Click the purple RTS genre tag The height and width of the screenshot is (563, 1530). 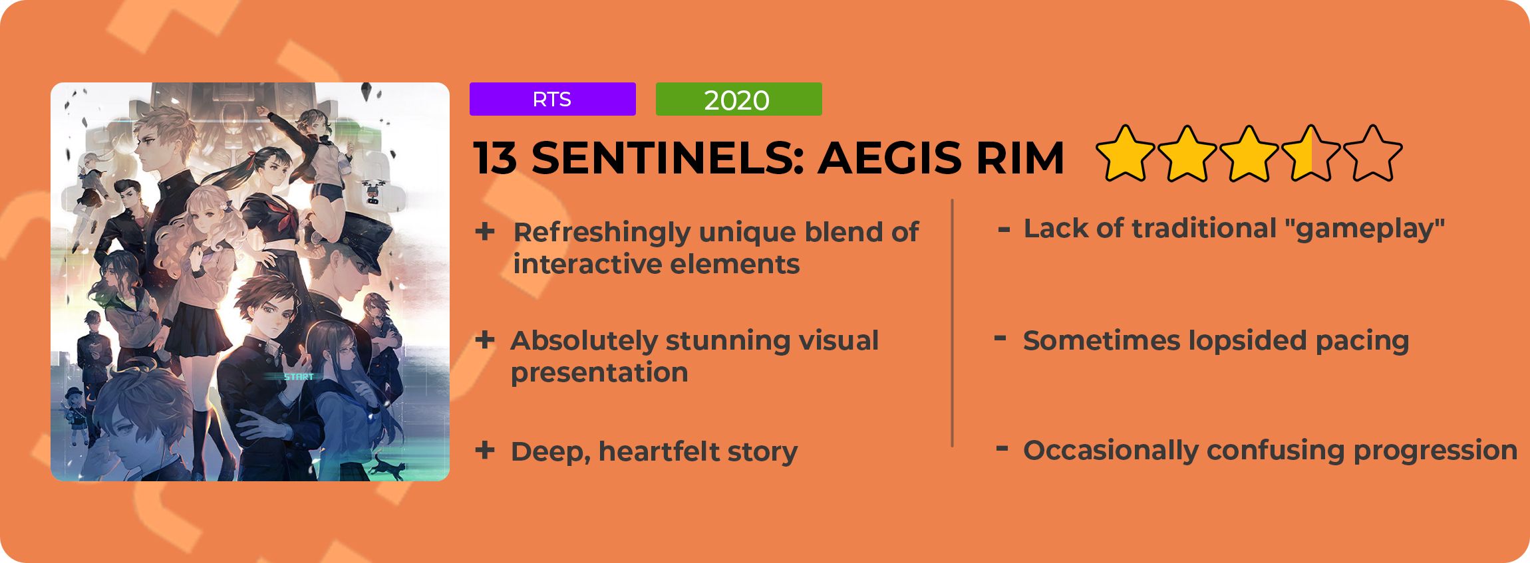click(552, 99)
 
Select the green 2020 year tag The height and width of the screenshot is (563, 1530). click(738, 99)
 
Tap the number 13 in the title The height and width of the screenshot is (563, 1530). click(495, 158)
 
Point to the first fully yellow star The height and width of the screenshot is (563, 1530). click(1126, 154)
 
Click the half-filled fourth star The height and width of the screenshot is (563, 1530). click(1311, 154)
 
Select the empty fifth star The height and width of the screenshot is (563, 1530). click(1373, 154)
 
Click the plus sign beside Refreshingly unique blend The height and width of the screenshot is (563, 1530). click(485, 231)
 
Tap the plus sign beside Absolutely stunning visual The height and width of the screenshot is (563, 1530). click(485, 340)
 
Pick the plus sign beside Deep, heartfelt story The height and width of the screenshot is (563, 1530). click(485, 450)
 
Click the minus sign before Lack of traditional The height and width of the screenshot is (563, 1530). click(1004, 231)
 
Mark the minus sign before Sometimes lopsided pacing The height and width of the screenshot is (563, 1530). click(1000, 338)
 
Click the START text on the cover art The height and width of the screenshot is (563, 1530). click(299, 377)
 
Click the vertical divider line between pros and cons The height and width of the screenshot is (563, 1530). click(953, 323)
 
